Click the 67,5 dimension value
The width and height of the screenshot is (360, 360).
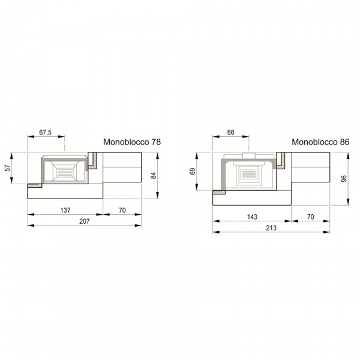click(x=45, y=133)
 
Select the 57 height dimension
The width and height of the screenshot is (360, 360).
click(x=8, y=168)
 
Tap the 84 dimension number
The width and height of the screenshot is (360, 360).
click(x=154, y=175)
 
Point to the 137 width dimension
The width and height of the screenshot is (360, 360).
click(x=65, y=210)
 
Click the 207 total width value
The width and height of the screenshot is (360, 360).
click(x=85, y=221)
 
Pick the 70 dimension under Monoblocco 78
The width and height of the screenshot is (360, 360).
click(x=122, y=210)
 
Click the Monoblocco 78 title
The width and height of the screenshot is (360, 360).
click(x=132, y=142)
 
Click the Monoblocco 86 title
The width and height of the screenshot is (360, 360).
click(x=320, y=142)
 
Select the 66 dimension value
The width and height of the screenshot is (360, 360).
click(x=231, y=133)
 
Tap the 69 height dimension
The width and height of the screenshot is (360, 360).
click(x=193, y=171)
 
